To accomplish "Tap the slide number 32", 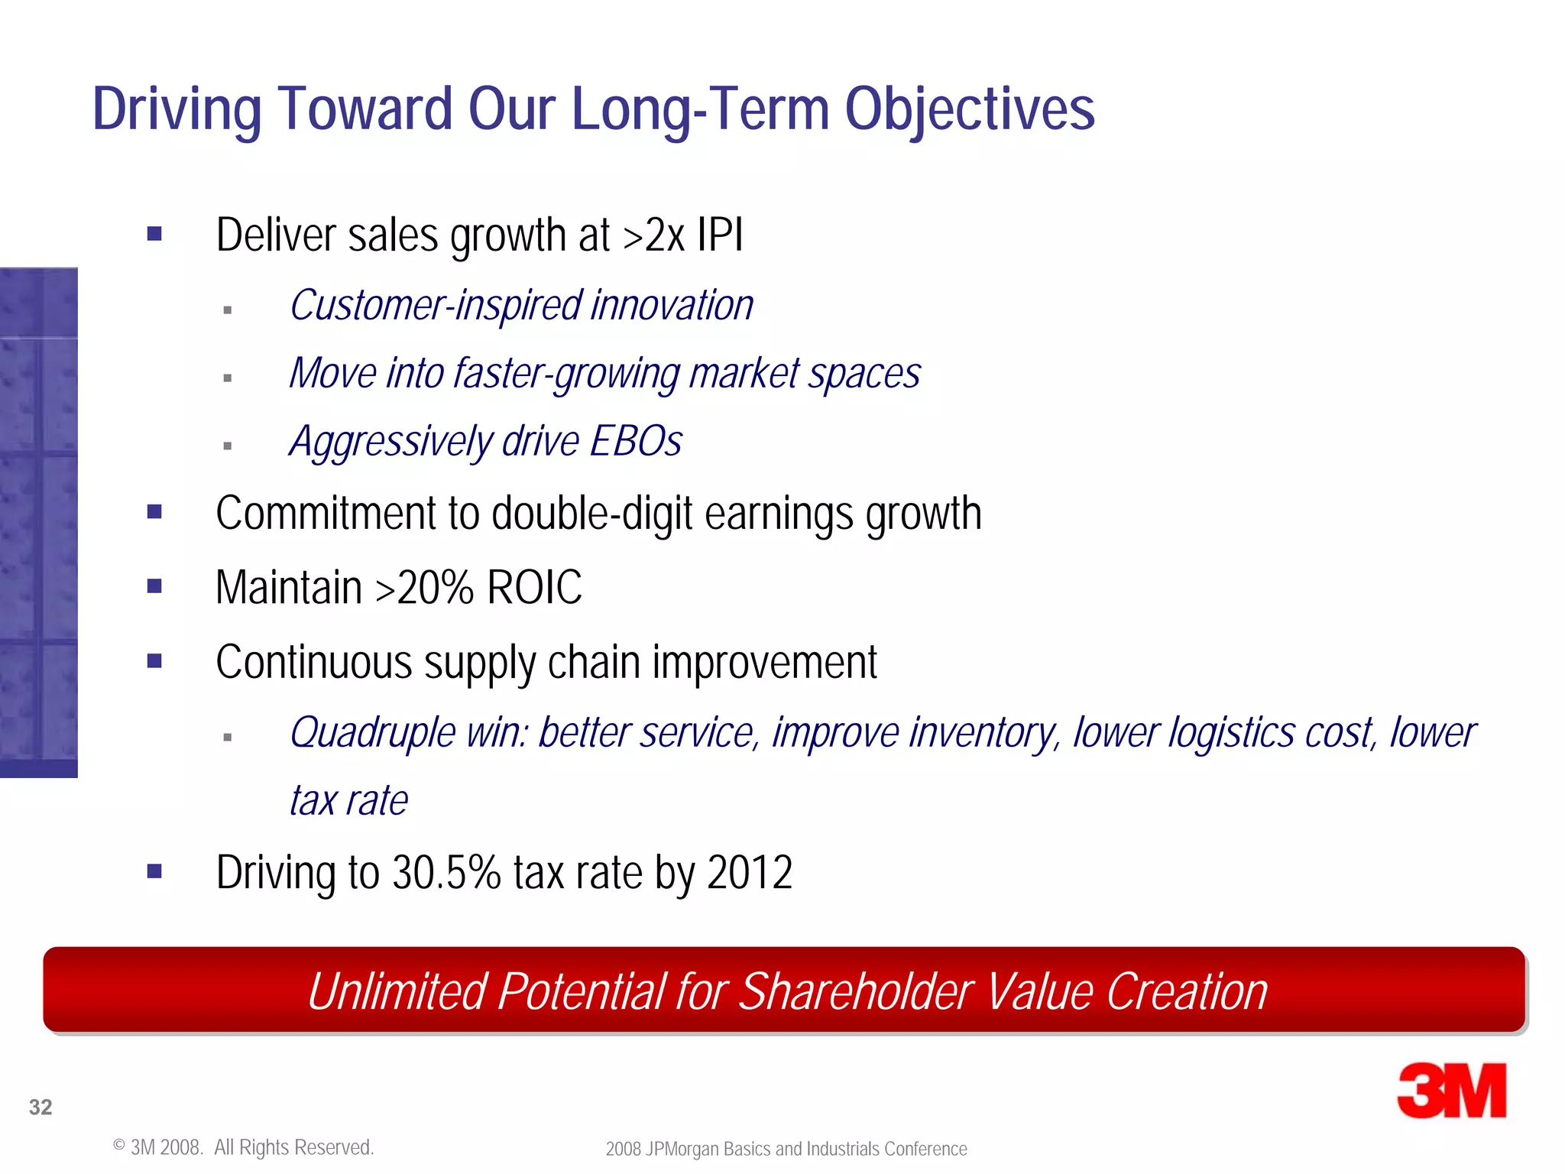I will tap(41, 1107).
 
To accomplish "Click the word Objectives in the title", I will tap(969, 109).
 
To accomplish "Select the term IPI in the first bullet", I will tap(719, 235).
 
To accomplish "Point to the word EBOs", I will tap(636, 441).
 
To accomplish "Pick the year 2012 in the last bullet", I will tap(750, 872).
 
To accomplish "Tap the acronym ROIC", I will tap(534, 588).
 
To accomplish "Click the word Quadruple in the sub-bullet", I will tap(373, 733).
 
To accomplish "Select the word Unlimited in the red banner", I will tap(397, 991).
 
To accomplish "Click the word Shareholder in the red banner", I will tap(855, 991).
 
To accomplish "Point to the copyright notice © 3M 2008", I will tap(159, 1147).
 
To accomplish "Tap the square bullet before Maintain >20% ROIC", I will tap(154, 586).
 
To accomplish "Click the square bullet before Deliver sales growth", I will tap(154, 234).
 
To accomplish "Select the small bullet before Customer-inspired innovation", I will tap(227, 310).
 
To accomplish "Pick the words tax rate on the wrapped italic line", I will tap(348, 800).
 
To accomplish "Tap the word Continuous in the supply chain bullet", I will tap(314, 662).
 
